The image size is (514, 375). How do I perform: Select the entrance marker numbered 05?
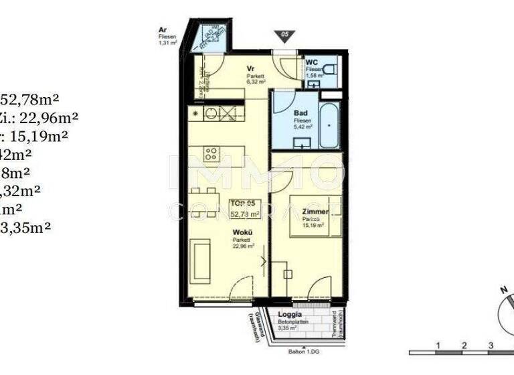(285, 36)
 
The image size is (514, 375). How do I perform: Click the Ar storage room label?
(163, 29)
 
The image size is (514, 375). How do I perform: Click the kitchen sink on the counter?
(211, 113)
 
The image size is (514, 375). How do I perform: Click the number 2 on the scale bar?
(463, 346)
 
